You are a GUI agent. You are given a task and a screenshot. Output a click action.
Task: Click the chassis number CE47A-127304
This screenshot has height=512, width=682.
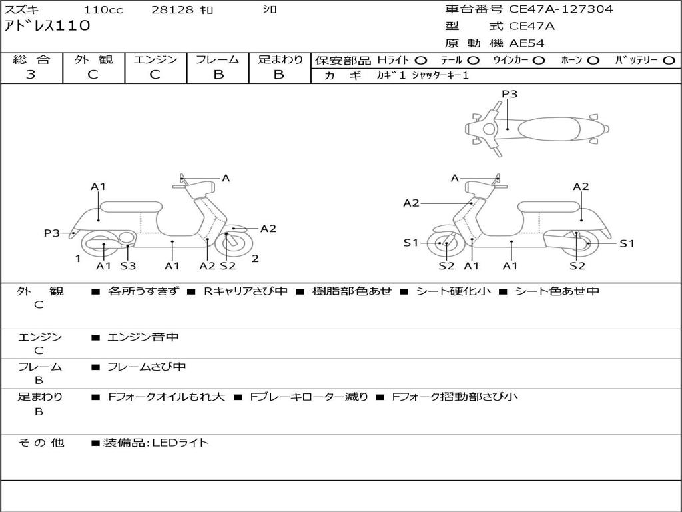tap(561, 9)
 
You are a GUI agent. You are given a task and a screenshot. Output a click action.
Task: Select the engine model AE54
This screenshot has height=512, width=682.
tap(527, 43)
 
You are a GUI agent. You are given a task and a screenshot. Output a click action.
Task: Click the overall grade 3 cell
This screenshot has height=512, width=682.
tap(31, 75)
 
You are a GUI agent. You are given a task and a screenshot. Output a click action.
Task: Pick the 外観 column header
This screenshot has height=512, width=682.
tap(93, 59)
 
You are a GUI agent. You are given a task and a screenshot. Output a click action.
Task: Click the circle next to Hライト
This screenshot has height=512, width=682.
tap(421, 60)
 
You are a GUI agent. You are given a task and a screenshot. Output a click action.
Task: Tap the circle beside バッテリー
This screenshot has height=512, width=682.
tap(669, 60)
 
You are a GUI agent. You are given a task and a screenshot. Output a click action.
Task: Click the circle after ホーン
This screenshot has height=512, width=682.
tap(593, 60)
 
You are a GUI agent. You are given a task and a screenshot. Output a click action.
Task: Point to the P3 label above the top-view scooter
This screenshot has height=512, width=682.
tap(510, 94)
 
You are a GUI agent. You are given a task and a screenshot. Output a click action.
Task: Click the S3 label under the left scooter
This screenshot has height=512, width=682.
tap(128, 266)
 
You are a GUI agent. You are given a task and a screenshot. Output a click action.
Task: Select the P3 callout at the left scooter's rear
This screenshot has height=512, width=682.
tap(52, 233)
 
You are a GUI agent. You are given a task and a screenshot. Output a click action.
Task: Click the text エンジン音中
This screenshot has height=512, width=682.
tap(143, 337)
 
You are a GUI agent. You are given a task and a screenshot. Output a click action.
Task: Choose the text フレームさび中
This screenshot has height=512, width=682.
tap(147, 367)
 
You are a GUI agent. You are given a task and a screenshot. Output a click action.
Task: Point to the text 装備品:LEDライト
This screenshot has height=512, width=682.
tap(155, 442)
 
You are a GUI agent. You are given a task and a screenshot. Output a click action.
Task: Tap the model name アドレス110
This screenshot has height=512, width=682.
tap(47, 27)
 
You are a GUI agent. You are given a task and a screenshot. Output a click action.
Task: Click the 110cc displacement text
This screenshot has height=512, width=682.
tap(103, 10)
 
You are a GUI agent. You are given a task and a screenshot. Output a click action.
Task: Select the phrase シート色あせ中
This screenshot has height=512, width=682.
tap(557, 291)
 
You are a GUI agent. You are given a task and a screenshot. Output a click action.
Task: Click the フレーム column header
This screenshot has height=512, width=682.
tap(218, 59)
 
